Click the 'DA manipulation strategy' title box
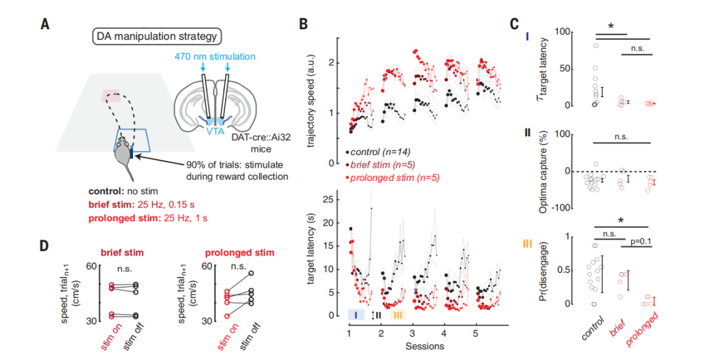pyautogui.click(x=157, y=37)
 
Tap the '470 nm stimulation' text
pyautogui.click(x=214, y=57)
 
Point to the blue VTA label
pyautogui.click(x=215, y=131)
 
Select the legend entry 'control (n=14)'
pyautogui.click(x=378, y=152)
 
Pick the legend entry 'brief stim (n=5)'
pyautogui.click(x=380, y=165)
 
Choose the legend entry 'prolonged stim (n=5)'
pyautogui.click(x=392, y=178)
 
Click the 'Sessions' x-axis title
pyautogui.click(x=425, y=346)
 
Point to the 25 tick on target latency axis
pyautogui.click(x=328, y=200)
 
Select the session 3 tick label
pyautogui.click(x=413, y=333)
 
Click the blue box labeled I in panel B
pyautogui.click(x=356, y=315)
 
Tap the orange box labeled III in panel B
pyautogui.click(x=398, y=315)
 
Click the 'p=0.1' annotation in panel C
pyautogui.click(x=640, y=241)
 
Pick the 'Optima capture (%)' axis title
pyautogui.click(x=543, y=170)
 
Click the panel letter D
pyautogui.click(x=44, y=246)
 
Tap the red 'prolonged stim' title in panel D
pyautogui.click(x=240, y=253)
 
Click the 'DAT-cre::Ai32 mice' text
pyautogui.click(x=260, y=144)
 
